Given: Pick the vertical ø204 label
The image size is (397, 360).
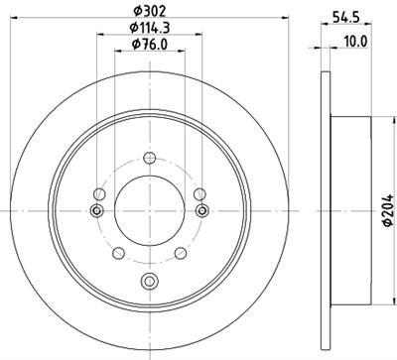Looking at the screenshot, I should point(387,209).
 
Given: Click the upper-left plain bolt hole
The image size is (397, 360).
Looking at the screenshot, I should point(99,193).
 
